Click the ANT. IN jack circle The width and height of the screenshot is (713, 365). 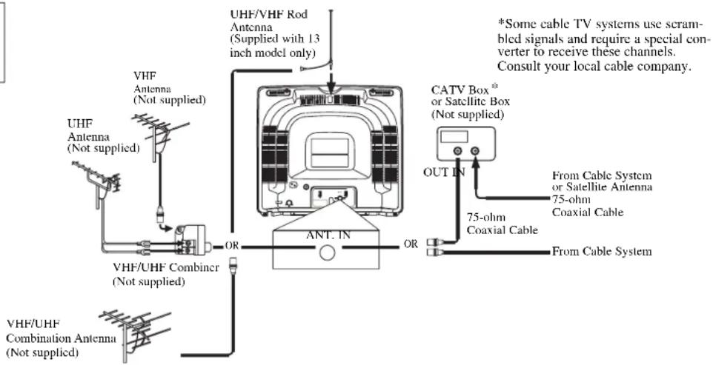pyautogui.click(x=327, y=252)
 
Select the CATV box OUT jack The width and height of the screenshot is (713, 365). pyautogui.click(x=457, y=152)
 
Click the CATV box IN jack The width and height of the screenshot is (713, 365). pyautogui.click(x=475, y=152)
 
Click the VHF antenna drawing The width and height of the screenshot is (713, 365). pyautogui.click(x=159, y=135)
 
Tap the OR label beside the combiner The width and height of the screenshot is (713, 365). pyautogui.click(x=231, y=246)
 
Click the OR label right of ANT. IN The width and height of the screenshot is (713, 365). pyautogui.click(x=411, y=244)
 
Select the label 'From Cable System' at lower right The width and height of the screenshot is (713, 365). pyautogui.click(x=602, y=252)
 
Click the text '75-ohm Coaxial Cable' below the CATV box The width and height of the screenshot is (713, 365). pyautogui.click(x=502, y=224)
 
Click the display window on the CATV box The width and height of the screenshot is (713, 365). pyautogui.click(x=455, y=135)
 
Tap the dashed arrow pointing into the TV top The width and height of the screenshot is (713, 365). pyautogui.click(x=331, y=75)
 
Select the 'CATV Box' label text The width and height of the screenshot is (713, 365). pyautogui.click(x=460, y=90)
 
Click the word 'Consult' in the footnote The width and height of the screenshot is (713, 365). pyautogui.click(x=515, y=67)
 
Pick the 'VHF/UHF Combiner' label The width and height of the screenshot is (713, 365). pyautogui.click(x=166, y=267)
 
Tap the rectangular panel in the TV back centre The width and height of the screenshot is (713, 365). pyautogui.click(x=329, y=153)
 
